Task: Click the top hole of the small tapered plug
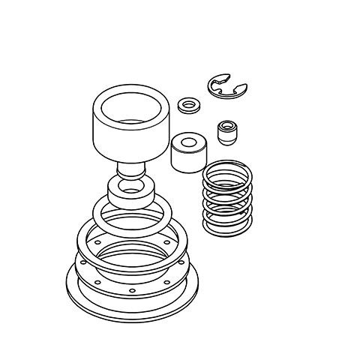click(225, 124)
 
